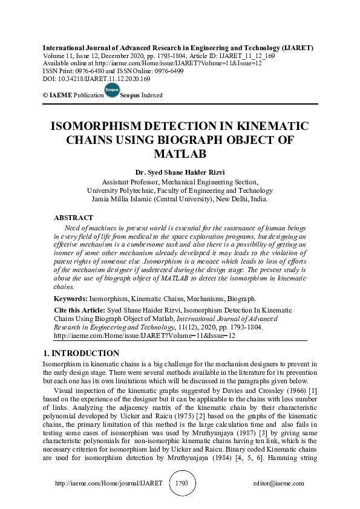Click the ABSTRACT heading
coord(73,217)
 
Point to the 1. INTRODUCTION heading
coord(80,353)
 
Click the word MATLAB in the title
coord(180,154)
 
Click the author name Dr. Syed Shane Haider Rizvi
coord(180,171)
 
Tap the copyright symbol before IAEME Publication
coord(45,96)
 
